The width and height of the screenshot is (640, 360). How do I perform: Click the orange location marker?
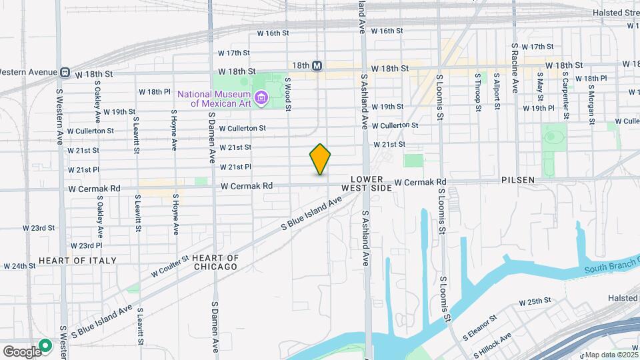click(x=321, y=159)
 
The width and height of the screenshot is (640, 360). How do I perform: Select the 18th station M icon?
click(x=317, y=66)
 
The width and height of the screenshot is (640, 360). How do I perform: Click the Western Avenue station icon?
click(x=65, y=72)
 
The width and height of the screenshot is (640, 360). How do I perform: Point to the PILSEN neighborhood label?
click(x=518, y=180)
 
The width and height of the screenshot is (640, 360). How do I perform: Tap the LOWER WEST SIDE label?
click(x=363, y=185)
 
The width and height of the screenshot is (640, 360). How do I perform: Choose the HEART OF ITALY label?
click(x=77, y=261)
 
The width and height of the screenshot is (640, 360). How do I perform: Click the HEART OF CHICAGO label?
click(x=215, y=262)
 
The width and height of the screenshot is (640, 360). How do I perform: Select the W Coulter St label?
click(x=171, y=265)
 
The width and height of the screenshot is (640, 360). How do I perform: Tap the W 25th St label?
click(x=536, y=302)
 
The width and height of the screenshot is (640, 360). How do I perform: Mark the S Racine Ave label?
click(x=515, y=69)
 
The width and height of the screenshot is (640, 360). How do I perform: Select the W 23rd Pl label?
click(x=85, y=245)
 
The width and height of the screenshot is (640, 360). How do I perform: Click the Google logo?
click(x=21, y=351)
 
